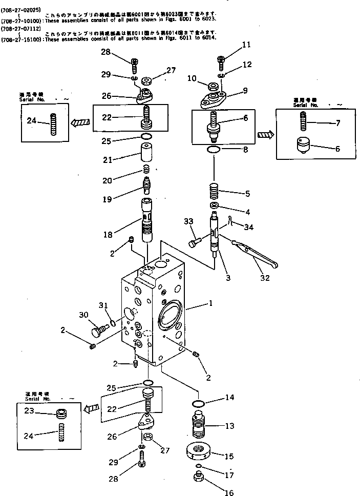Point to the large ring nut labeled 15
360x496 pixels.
coord(198,453)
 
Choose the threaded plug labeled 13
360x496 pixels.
coord(198,424)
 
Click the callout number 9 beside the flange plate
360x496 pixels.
coord(245,91)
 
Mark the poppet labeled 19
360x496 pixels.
coord(146,184)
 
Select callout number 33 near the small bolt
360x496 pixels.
coord(189,222)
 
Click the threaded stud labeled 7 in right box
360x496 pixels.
coord(302,123)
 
